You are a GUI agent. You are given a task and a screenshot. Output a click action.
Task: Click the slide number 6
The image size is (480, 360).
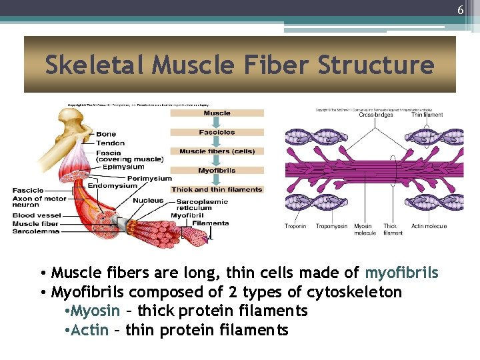tap(460, 10)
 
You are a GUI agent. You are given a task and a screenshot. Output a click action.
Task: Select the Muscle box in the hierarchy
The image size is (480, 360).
tap(217, 113)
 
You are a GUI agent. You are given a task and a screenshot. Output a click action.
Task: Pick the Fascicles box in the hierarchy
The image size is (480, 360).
tap(217, 132)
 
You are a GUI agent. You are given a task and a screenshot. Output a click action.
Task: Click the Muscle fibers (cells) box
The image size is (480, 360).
tap(217, 151)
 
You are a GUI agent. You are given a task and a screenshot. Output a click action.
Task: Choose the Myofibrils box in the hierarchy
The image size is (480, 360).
tap(217, 171)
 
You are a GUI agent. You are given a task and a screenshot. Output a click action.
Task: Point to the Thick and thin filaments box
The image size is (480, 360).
tap(217, 190)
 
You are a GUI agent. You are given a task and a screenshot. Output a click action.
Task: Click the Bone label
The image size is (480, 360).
tap(106, 134)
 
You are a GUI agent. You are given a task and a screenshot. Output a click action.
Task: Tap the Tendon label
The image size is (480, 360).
tap(110, 143)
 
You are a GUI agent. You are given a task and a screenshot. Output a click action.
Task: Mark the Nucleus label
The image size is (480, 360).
tap(148, 201)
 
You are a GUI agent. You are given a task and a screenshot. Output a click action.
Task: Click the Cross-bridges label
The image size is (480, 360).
tap(376, 115)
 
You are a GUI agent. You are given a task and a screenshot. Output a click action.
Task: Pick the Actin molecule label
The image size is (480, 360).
tap(429, 227)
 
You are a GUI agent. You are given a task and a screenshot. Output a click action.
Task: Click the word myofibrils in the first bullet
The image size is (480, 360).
tap(401, 273)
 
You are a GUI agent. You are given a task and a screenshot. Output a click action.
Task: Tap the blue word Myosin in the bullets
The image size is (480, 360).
tap(95, 311)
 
